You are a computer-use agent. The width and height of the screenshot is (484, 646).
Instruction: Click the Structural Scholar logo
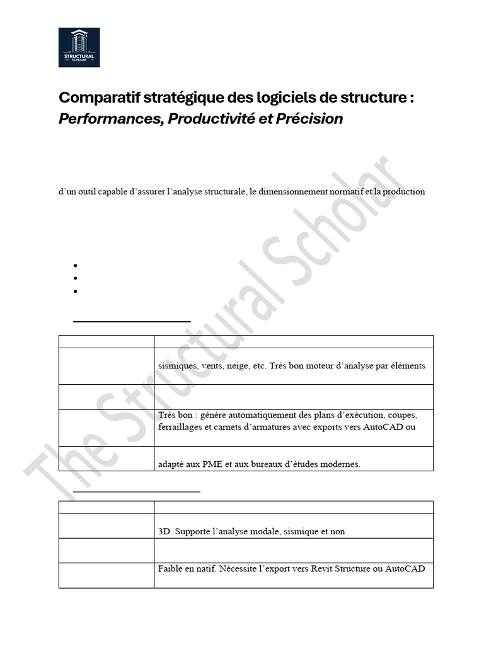pos(79,47)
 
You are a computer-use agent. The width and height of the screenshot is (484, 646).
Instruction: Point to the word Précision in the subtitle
pos(309,119)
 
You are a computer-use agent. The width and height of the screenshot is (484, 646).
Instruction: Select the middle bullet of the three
pos(75,278)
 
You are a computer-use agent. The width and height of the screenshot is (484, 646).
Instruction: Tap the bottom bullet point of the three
pos(75,291)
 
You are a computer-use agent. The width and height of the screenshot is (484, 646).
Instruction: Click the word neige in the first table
pos(239,365)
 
